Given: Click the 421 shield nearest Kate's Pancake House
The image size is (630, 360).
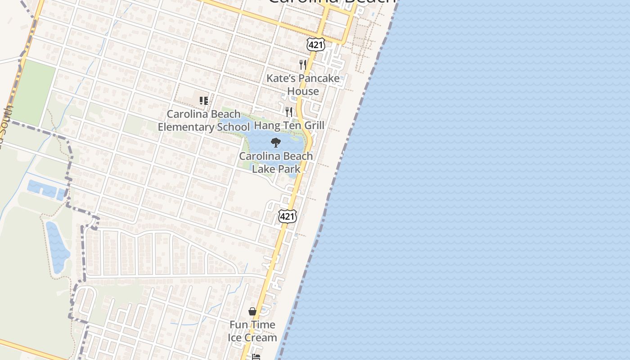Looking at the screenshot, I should pyautogui.click(x=315, y=44).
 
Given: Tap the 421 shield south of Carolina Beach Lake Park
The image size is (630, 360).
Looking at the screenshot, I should pyautogui.click(x=288, y=216).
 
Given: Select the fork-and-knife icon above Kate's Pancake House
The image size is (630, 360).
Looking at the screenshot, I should pyautogui.click(x=303, y=65).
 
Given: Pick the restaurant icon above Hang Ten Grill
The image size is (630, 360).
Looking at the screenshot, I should pyautogui.click(x=289, y=112).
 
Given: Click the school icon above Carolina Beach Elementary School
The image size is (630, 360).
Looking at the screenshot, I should pyautogui.click(x=204, y=101).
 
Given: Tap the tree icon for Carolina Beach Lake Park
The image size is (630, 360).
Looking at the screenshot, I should pyautogui.click(x=276, y=143).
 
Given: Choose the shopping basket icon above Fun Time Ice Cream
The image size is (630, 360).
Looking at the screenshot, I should pyautogui.click(x=252, y=311).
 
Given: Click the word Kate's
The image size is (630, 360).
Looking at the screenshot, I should pyautogui.click(x=280, y=78).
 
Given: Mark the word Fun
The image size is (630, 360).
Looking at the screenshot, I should pyautogui.click(x=239, y=324).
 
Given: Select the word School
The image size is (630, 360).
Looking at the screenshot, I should pyautogui.click(x=233, y=127).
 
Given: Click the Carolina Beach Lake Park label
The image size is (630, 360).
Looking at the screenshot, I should pyautogui.click(x=276, y=162).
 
